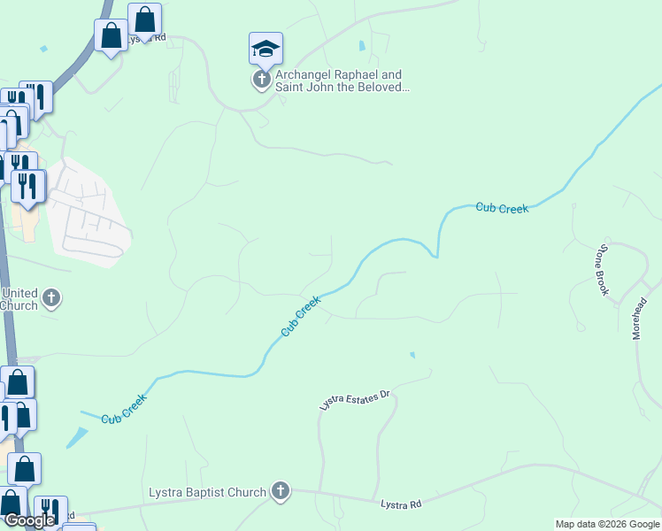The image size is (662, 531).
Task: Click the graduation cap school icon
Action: click(265, 49)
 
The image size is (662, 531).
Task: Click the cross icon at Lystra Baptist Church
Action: click(281, 491)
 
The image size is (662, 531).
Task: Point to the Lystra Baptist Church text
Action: click(207, 492)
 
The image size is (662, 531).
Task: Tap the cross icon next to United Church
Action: click(51, 298)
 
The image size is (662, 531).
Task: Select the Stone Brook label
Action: click(604, 269)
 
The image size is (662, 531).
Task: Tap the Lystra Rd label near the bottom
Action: click(401, 504)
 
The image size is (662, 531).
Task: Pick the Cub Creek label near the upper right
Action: click(502, 208)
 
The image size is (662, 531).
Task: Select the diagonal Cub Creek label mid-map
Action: click(300, 316)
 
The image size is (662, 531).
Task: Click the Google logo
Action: click(28, 520)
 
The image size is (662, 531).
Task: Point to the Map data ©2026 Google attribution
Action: click(607, 524)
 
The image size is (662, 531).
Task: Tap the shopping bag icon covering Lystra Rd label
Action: click(144, 19)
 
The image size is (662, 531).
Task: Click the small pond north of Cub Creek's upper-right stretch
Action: click(361, 46)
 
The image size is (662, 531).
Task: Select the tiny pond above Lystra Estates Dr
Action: click(412, 356)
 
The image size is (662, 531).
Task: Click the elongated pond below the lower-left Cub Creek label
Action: click(77, 437)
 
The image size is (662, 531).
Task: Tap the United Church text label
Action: click(19, 299)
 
